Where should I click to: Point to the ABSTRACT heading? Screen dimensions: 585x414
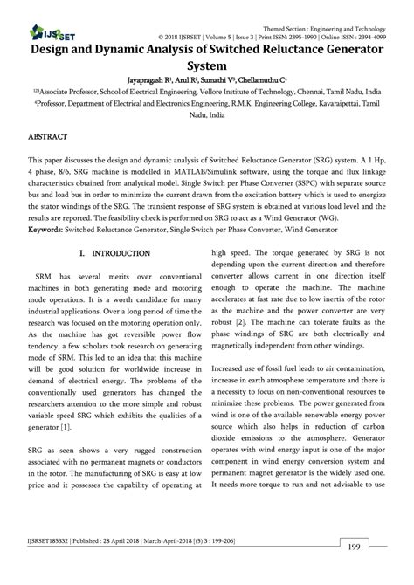(47, 138)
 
